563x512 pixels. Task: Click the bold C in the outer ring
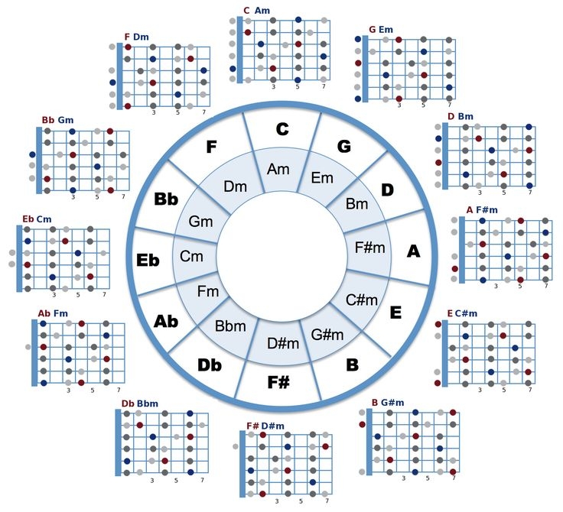pos(282,129)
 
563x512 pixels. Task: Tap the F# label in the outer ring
pos(278,382)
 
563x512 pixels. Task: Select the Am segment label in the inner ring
pos(278,169)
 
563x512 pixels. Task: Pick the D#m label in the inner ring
pos(283,343)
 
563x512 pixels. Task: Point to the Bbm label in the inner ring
pos(230,326)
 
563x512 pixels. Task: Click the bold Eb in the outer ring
pos(148,260)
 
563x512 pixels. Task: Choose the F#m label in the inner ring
pos(369,247)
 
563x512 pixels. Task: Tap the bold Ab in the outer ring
pos(166,321)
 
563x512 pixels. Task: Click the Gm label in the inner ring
pos(200,222)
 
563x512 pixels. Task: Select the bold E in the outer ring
pos(395,313)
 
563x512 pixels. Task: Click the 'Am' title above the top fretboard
pos(262,11)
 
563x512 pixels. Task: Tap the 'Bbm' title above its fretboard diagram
pos(147,403)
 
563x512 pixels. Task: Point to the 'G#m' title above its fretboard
pos(392,403)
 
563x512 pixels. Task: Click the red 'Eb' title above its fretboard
pos(28,219)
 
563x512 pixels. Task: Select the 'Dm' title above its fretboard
pos(141,37)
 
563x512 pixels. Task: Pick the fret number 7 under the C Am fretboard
pos(324,86)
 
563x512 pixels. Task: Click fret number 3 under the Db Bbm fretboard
pos(152,480)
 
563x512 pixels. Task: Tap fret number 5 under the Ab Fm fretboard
pos(93,390)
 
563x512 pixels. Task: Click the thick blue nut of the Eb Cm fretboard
pos(19,258)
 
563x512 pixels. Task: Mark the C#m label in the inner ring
pos(362,300)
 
